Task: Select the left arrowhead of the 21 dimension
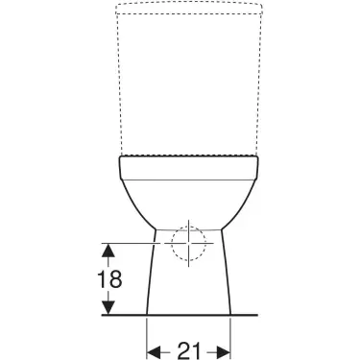152,350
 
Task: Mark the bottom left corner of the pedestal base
146,314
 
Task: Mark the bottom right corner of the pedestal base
231,314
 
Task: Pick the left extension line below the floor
146,336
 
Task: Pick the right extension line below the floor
231,336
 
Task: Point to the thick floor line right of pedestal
246,314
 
